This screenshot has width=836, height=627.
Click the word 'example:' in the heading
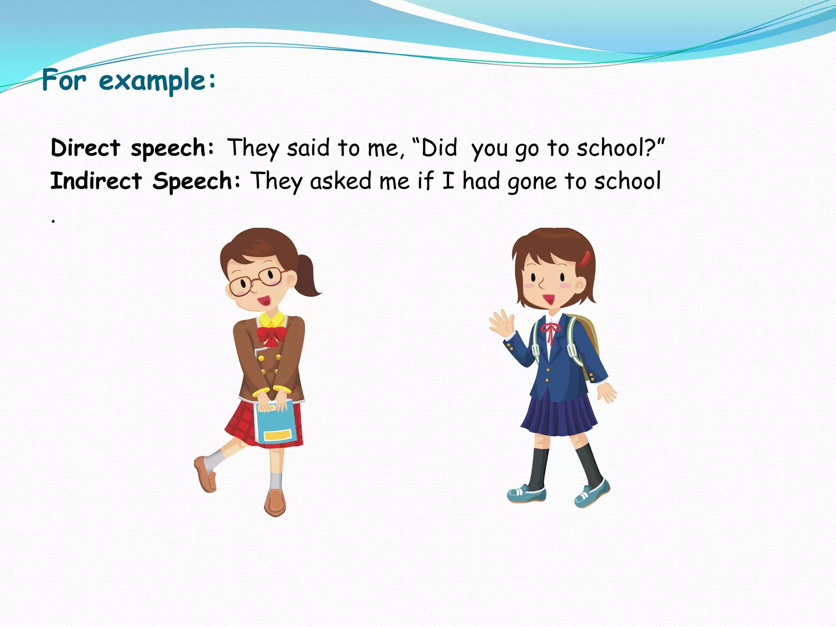[x=157, y=80]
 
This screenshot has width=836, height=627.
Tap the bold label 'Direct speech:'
[x=132, y=148]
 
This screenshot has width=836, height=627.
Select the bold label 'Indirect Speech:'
[x=145, y=181]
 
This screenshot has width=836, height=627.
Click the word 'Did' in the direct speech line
[x=439, y=148]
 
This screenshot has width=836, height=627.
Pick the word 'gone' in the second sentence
[x=532, y=182]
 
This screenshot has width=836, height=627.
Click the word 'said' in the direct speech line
[x=308, y=148]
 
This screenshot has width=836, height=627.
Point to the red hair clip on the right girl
[x=585, y=259]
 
